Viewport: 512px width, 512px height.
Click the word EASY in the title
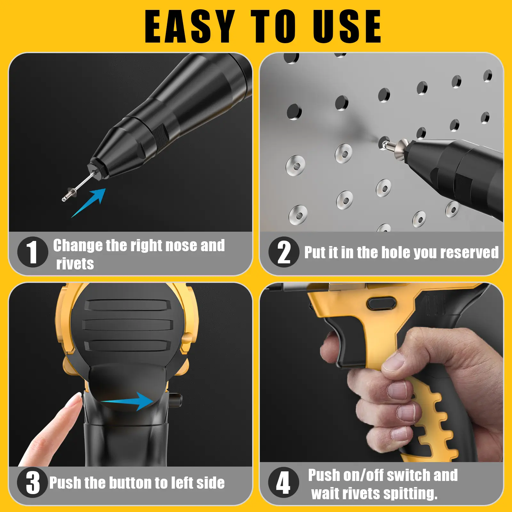(x=190, y=26)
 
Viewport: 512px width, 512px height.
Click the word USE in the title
(x=347, y=26)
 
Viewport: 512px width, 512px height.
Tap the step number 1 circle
(x=33, y=252)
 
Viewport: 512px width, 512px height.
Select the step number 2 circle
(x=284, y=252)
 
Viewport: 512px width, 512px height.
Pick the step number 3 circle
(x=33, y=482)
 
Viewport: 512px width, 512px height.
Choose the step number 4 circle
(x=284, y=482)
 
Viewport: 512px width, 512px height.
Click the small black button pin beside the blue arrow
(x=176, y=400)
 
